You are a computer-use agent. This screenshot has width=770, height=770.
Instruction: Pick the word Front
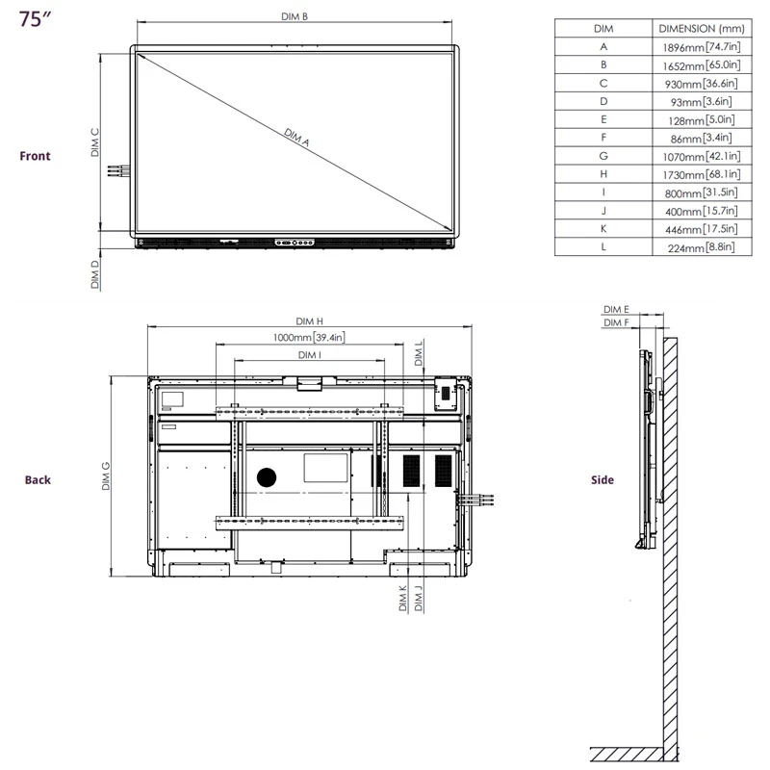coord(36,156)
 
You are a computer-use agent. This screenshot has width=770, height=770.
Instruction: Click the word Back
coord(38,479)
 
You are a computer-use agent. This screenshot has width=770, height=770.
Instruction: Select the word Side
coord(603,479)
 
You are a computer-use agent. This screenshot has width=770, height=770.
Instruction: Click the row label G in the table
coord(603,156)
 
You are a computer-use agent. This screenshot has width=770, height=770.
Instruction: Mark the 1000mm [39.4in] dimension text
coord(307,337)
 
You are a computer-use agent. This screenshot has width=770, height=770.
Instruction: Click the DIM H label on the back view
coord(309,321)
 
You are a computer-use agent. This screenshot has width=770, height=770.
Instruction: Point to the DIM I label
coord(309,355)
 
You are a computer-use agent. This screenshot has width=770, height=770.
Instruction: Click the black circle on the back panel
coord(267,476)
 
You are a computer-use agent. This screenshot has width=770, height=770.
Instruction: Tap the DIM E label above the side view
coord(616,309)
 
